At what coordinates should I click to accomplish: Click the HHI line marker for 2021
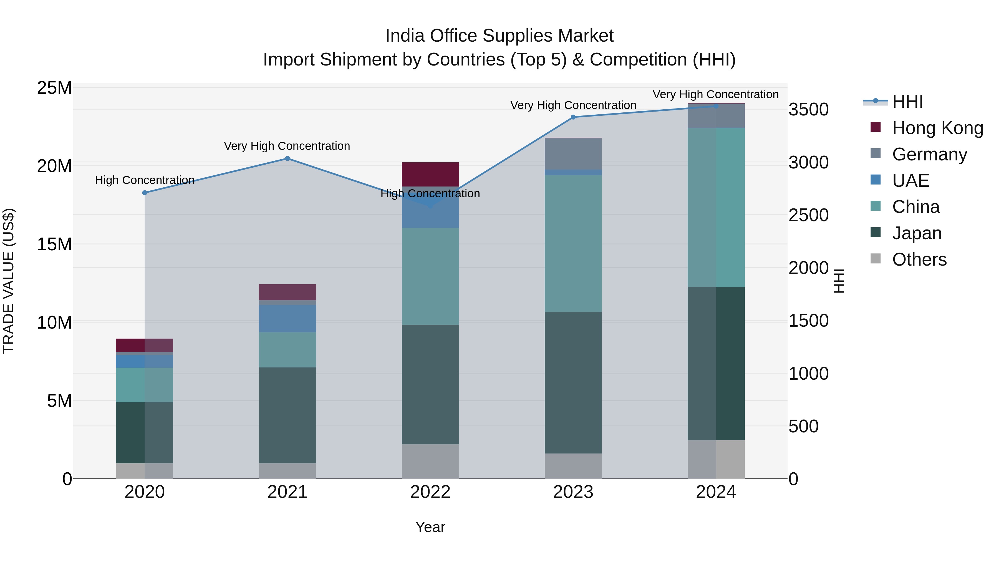[287, 158]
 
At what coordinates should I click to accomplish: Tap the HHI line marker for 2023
[573, 117]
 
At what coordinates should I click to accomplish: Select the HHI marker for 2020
[145, 193]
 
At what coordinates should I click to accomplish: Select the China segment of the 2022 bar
[430, 276]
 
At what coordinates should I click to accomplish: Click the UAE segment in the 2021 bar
[287, 318]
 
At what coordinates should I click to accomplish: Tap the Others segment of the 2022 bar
[430, 461]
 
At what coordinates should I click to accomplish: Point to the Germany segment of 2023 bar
[573, 153]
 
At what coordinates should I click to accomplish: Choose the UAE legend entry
[910, 181]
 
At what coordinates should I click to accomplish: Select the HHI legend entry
[907, 102]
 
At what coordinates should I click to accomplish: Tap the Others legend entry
[919, 259]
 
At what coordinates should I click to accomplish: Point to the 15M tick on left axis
[54, 244]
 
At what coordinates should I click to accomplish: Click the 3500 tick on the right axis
[809, 109]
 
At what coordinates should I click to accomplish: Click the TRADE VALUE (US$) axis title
[9, 281]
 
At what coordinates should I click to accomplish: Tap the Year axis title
[430, 527]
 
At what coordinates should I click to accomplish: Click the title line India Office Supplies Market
[499, 36]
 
